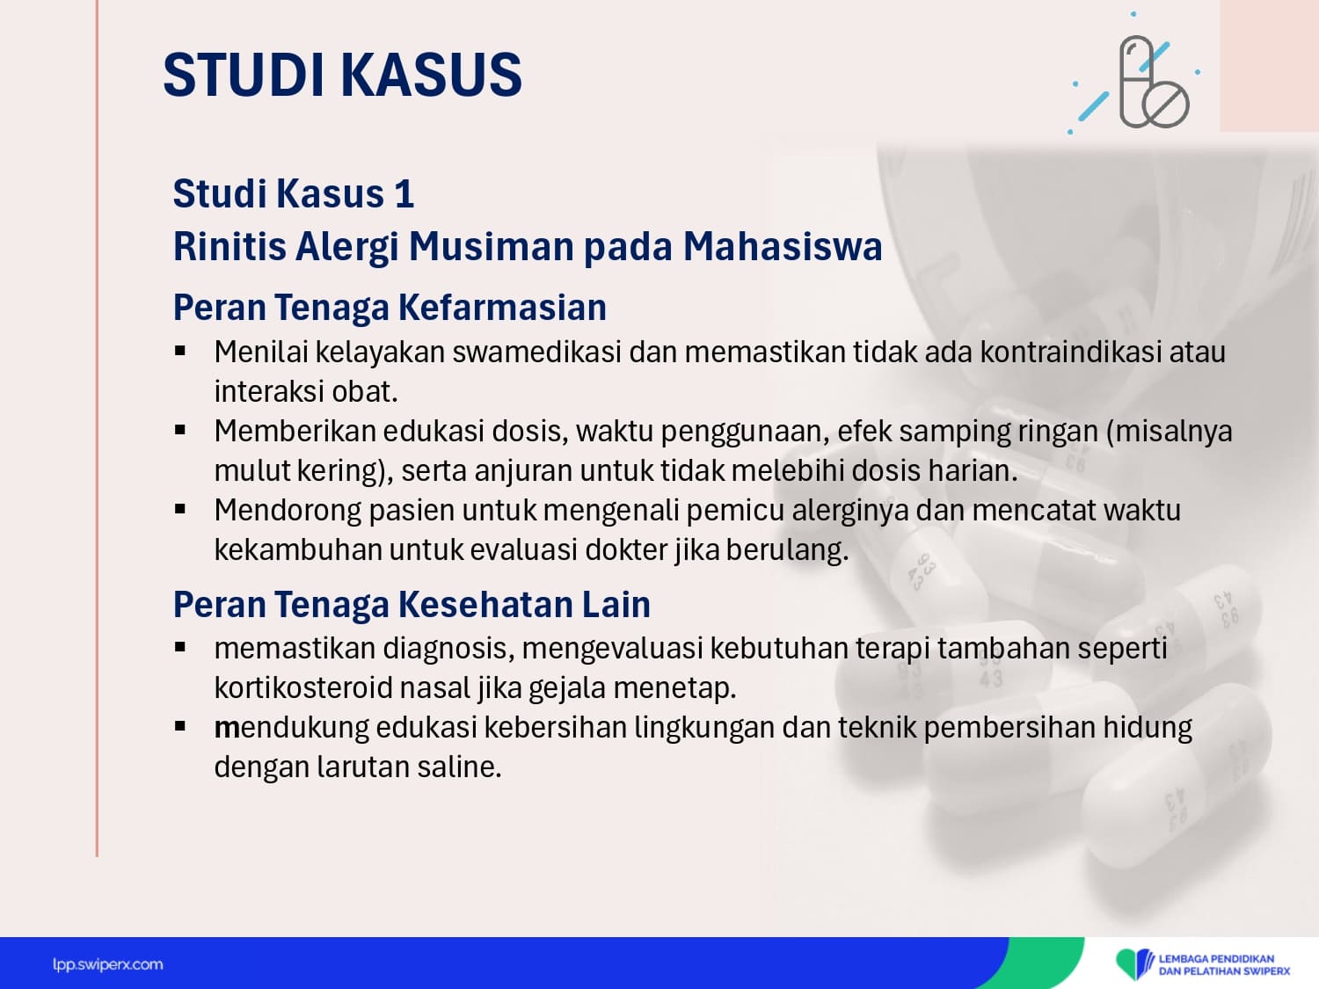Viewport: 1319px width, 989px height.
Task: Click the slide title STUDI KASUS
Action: coord(343,75)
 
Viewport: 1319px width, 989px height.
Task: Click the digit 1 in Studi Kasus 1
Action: coord(404,194)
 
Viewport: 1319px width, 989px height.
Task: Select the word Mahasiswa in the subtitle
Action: coord(783,246)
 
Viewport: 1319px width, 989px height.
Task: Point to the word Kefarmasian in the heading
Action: coord(502,307)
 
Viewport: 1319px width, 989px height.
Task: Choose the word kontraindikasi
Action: coord(1070,352)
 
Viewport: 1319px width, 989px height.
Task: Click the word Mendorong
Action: coord(288,511)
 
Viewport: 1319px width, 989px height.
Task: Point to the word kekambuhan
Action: coord(298,550)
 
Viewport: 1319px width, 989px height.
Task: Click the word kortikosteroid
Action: coord(303,688)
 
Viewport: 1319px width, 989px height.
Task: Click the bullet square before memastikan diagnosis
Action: coord(179,647)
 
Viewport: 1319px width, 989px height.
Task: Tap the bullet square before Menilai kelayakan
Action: coord(179,351)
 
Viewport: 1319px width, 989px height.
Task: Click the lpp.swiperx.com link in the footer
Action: coord(107,964)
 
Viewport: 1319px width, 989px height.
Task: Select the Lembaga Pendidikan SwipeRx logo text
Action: coord(1224,965)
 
